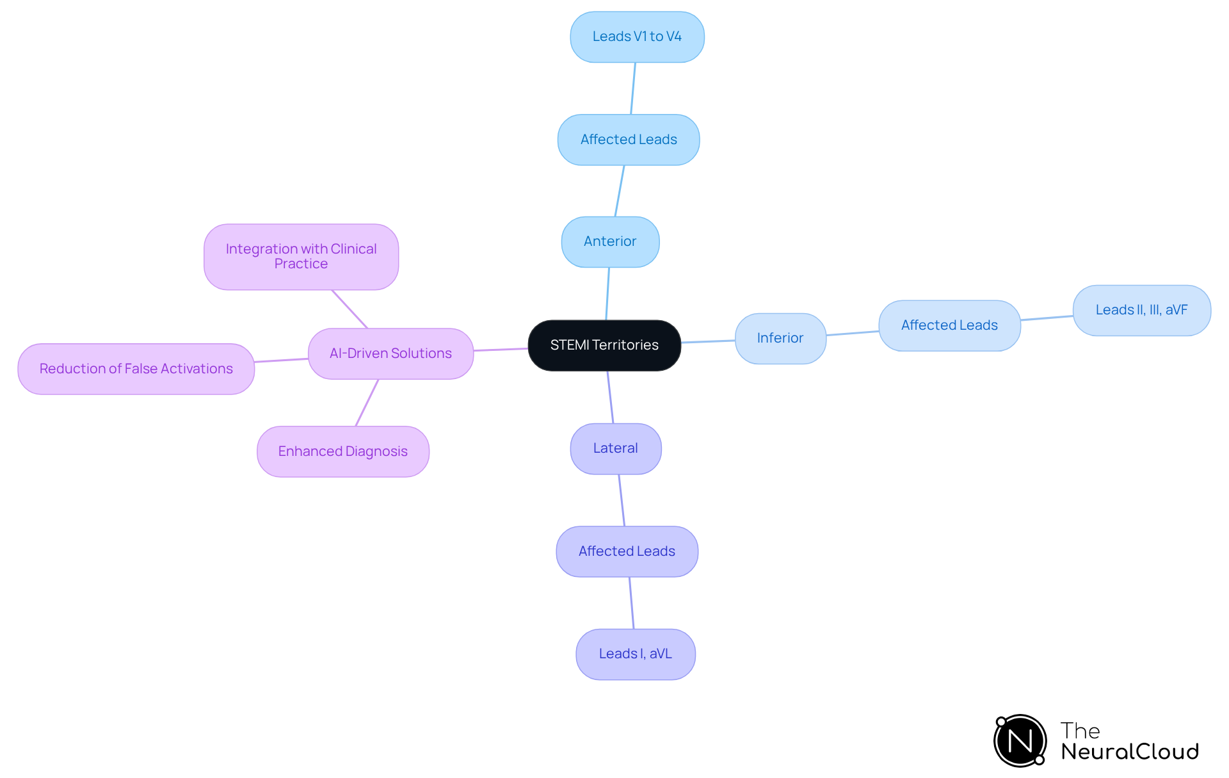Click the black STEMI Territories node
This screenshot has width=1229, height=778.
click(604, 345)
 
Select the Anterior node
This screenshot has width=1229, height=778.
click(610, 241)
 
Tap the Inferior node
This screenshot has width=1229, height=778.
click(780, 338)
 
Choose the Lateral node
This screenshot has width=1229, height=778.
click(615, 448)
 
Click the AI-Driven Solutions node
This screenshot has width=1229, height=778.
click(390, 353)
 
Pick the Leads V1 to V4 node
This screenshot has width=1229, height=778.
click(637, 36)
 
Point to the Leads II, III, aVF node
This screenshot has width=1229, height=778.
click(1141, 310)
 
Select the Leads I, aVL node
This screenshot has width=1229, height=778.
click(635, 654)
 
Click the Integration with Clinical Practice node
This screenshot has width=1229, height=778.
click(301, 256)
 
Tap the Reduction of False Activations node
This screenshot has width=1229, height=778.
click(136, 369)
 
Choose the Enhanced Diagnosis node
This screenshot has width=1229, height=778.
click(342, 451)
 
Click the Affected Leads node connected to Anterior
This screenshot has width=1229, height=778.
click(629, 140)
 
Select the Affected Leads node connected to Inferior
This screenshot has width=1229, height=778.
click(949, 325)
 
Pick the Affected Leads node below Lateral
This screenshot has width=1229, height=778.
click(627, 551)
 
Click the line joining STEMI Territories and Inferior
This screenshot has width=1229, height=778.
click(708, 341)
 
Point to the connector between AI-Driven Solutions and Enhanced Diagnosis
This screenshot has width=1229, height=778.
click(367, 402)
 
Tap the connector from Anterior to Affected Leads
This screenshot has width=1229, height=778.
click(620, 191)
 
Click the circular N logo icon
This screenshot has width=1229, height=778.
click(1020, 741)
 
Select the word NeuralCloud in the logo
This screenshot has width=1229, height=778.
click(1129, 752)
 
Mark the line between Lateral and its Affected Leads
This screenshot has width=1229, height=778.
click(622, 500)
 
